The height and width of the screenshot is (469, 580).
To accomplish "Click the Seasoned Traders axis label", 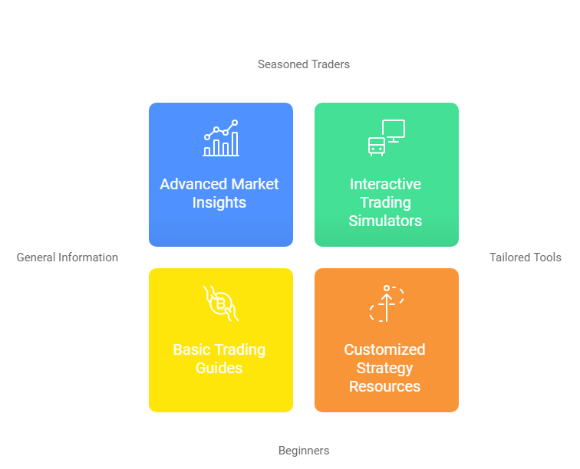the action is pyautogui.click(x=303, y=64).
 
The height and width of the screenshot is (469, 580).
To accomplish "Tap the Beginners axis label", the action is pyautogui.click(x=304, y=451).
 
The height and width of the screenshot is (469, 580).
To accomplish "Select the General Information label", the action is pyautogui.click(x=68, y=257).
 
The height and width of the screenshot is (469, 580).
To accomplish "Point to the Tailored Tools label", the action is pyautogui.click(x=526, y=257).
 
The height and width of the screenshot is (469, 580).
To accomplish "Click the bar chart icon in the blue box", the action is pyautogui.click(x=221, y=138).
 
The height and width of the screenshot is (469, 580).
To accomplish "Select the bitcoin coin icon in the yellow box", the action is pyautogui.click(x=221, y=303).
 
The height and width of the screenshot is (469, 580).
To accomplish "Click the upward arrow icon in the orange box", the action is pyautogui.click(x=387, y=303).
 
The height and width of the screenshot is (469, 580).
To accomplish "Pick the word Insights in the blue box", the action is pyautogui.click(x=219, y=203).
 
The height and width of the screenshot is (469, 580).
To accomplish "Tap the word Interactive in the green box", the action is pyautogui.click(x=385, y=184).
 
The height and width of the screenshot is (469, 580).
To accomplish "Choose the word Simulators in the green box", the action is pyautogui.click(x=385, y=221).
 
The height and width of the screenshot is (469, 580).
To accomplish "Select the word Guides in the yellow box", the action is pyautogui.click(x=219, y=368).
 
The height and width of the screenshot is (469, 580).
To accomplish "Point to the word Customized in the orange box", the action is pyautogui.click(x=384, y=349).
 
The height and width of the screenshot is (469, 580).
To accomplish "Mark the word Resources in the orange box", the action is pyautogui.click(x=384, y=386).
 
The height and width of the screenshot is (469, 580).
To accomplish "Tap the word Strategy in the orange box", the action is pyautogui.click(x=384, y=369).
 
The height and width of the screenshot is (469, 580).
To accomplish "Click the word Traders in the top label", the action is pyautogui.click(x=330, y=64).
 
